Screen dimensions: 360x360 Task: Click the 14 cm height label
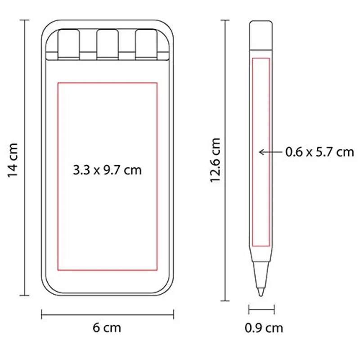pos(13,160)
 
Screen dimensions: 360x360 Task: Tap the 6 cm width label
pos(107,328)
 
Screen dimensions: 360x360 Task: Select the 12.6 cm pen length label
pos(216,160)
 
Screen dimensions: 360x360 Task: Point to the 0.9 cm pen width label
pos(264,328)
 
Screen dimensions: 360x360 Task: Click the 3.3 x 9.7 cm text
pos(107,170)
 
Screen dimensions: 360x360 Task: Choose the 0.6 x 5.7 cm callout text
pos(319,152)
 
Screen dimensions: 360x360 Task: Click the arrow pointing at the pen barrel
pos(270,152)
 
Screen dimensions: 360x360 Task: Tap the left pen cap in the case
pos(69,44)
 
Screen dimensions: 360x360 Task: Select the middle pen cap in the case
pos(108,44)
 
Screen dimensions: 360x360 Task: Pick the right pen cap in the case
pos(146,44)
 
